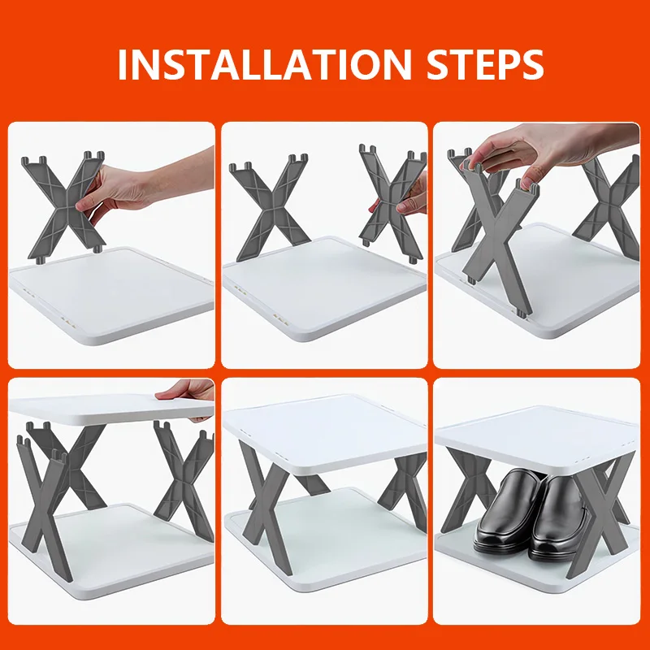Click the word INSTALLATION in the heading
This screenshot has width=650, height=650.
(x=265, y=64)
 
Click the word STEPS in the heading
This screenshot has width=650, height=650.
(x=485, y=64)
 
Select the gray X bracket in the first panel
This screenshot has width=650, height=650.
(x=64, y=206)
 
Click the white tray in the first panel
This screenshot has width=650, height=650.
(x=111, y=294)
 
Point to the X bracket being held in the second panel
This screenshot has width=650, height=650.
(x=392, y=203)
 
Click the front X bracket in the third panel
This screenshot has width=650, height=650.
(x=500, y=236)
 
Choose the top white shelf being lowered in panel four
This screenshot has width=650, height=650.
(x=111, y=409)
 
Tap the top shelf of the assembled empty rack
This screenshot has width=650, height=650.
(x=325, y=432)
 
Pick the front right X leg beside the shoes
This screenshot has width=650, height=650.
(x=599, y=518)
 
